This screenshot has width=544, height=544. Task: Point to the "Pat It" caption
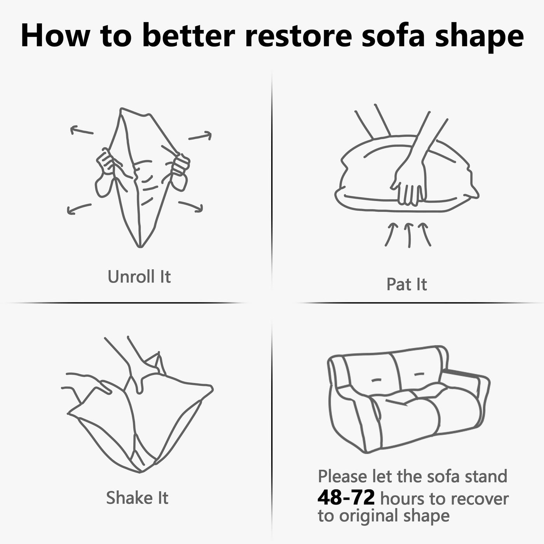pyautogui.click(x=406, y=284)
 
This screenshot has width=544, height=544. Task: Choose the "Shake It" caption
pyautogui.click(x=137, y=497)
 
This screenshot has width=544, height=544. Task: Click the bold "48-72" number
pyautogui.click(x=346, y=497)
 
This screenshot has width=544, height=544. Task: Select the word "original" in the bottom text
pyautogui.click(x=369, y=516)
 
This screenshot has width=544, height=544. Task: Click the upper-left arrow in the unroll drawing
pyautogui.click(x=82, y=131)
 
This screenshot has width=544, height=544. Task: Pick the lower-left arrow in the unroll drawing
pyautogui.click(x=79, y=209)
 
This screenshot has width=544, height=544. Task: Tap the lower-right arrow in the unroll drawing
pyautogui.click(x=191, y=206)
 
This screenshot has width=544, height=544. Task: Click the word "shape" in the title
pyautogui.click(x=479, y=37)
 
